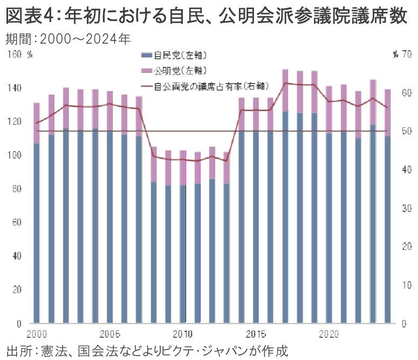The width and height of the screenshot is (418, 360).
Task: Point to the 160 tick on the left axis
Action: pos(15,54)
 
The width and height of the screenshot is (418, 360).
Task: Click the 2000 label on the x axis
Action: pos(36,332)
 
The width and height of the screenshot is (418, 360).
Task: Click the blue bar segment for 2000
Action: pos(37,232)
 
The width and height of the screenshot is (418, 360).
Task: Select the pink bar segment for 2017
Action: pos(285,90)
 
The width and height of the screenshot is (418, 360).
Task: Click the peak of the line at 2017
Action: pos(285,83)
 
